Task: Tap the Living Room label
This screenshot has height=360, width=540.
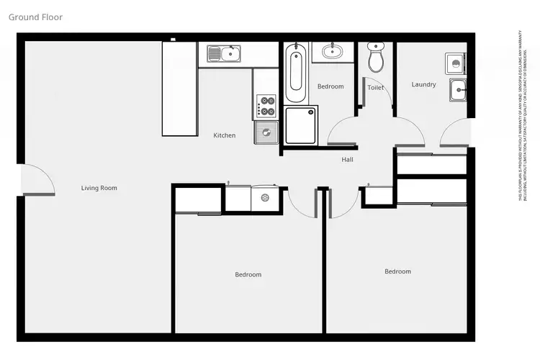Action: coord(99,188)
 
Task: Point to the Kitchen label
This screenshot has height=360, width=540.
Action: coord(224,135)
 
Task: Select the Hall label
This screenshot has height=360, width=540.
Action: coord(347,160)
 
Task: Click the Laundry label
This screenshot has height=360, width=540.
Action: coord(423,84)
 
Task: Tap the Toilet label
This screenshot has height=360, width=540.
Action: coord(375,87)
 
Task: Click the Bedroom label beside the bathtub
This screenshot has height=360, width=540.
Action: coord(330,86)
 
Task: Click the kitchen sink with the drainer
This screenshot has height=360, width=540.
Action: coord(224,53)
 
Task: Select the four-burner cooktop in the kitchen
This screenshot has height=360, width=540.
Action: coord(266,107)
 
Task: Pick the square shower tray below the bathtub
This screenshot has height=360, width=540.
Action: coord(301,125)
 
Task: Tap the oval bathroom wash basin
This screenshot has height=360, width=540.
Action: coord(333,50)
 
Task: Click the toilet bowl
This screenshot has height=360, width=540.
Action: coord(376,59)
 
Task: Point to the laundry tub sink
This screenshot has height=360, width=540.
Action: coord(458,90)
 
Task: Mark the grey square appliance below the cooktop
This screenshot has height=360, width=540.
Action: coord(266,132)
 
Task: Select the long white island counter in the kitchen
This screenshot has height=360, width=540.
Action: coord(179,89)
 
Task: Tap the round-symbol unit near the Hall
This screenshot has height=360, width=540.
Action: coord(264,197)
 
